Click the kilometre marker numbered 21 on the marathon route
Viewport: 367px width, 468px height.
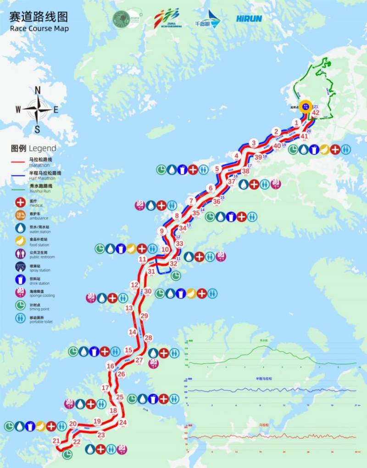pyautogui.click(x=56, y=441)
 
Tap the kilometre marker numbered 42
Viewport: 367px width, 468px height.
pyautogui.click(x=316, y=112)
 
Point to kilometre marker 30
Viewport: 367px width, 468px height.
pyautogui.click(x=147, y=291)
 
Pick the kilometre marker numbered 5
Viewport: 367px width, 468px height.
pyautogui.click(x=217, y=169)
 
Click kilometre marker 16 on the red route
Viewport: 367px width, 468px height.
pyautogui.click(x=110, y=366)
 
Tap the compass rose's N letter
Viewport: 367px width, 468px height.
pyautogui.click(x=38, y=89)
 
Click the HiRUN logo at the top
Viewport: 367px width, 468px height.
pyautogui.click(x=250, y=19)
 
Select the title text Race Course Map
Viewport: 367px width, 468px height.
pyautogui.click(x=39, y=28)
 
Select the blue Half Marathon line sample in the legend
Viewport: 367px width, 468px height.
pyautogui.click(x=19, y=175)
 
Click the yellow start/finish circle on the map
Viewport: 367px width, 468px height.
pyautogui.click(x=306, y=106)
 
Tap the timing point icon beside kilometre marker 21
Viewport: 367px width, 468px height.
pyautogui.click(x=67, y=454)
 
